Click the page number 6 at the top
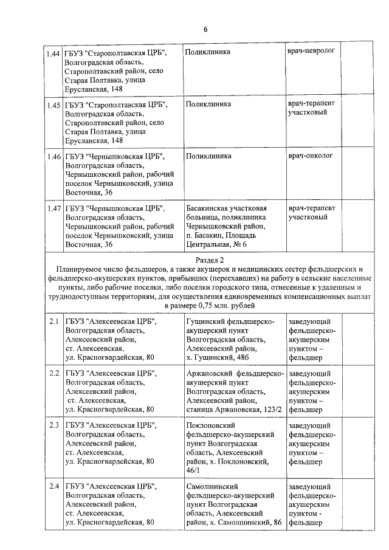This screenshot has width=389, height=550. point(205,29)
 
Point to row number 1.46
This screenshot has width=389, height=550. point(53,156)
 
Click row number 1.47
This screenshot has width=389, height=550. point(53,208)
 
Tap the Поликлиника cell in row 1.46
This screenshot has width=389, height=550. point(208,156)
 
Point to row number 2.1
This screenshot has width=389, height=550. point(53,321)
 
